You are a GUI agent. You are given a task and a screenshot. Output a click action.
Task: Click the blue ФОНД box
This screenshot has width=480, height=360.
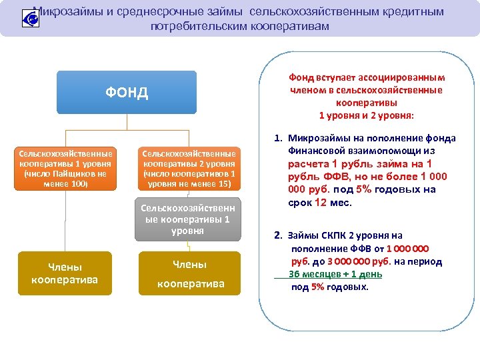point(127,92)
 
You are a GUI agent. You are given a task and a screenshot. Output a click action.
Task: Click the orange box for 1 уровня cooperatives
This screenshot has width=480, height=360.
point(65,169)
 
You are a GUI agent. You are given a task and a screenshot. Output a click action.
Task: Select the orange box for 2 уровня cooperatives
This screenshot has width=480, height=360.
point(188,169)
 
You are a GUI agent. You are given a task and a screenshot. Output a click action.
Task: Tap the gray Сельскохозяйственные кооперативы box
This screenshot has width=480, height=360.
point(188,219)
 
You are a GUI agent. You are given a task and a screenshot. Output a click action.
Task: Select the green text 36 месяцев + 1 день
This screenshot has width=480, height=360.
point(327,274)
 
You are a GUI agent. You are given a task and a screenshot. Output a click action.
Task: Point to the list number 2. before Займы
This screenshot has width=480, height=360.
point(278,235)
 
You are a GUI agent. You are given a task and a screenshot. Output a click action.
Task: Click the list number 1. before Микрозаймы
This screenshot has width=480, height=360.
point(278,139)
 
